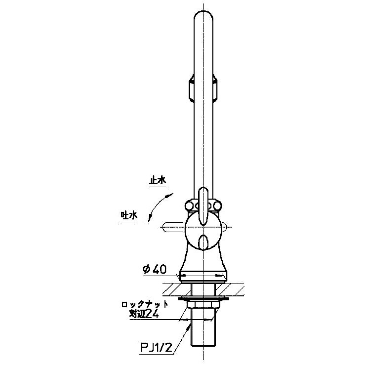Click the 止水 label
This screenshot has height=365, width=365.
point(158,181)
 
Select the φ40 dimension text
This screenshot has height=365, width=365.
point(155,270)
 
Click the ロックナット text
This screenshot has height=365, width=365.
point(145,305)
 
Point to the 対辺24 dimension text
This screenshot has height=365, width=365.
point(144,315)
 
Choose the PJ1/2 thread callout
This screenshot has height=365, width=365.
point(156,348)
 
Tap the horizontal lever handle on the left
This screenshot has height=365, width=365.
point(174,227)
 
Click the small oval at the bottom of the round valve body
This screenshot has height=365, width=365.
point(203,243)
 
